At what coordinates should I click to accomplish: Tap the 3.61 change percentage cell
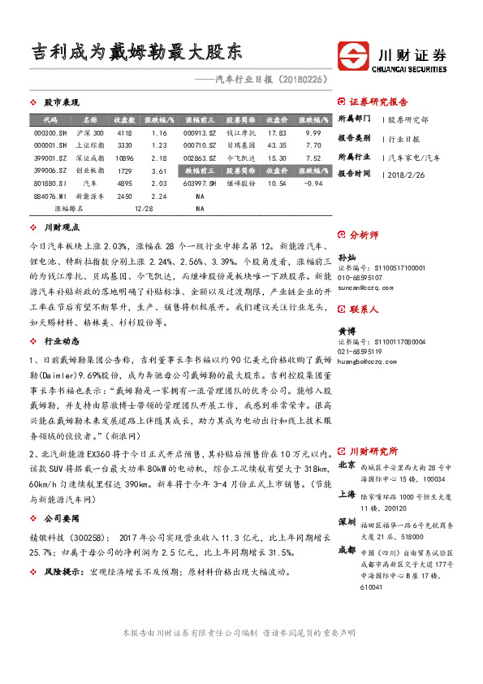[x=159, y=171]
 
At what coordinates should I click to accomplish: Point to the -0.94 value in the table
[x=313, y=184]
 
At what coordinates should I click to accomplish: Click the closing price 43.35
[x=277, y=145]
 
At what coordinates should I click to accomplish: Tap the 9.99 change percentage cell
[x=313, y=132]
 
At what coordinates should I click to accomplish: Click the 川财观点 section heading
[x=61, y=228]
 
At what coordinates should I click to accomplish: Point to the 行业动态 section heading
[x=61, y=341]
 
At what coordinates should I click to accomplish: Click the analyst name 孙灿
[x=347, y=256]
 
